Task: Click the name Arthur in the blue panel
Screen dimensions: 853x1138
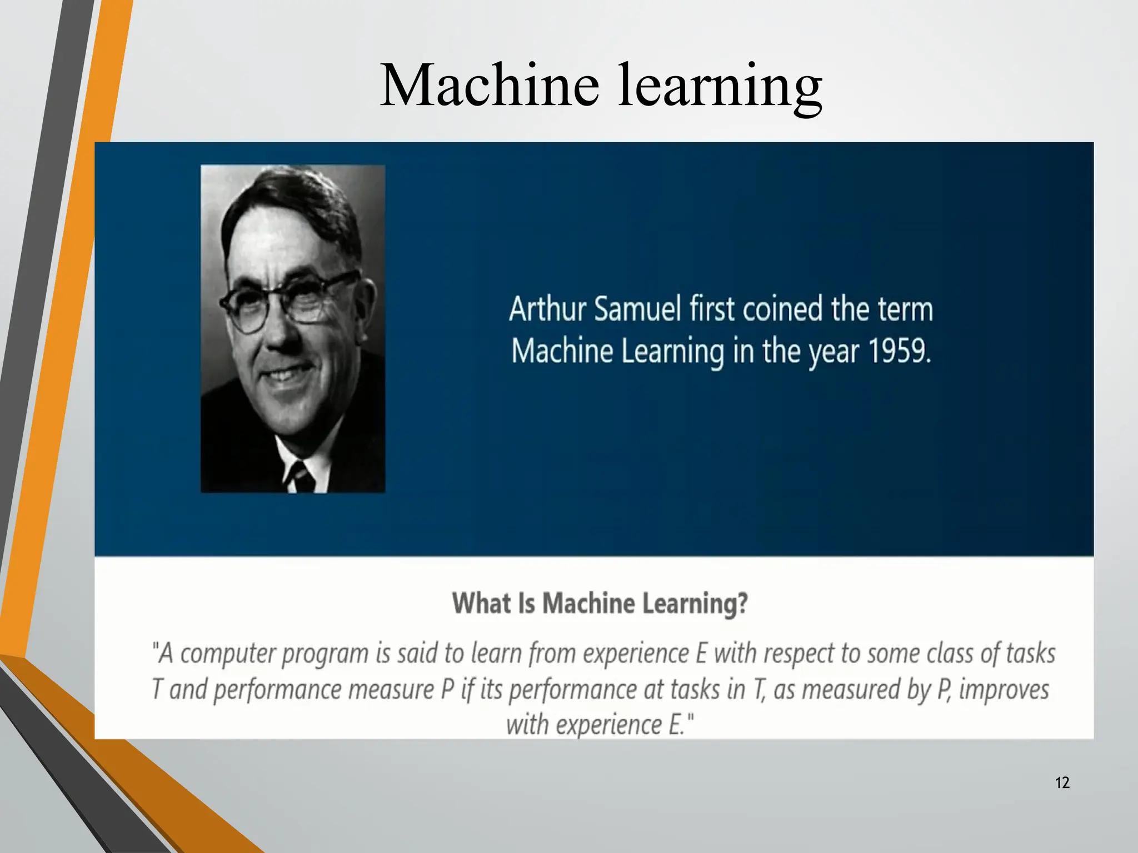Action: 547,309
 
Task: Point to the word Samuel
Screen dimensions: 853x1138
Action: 637,309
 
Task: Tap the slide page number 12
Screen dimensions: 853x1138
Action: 1062,783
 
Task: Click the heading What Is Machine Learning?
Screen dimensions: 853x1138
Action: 600,603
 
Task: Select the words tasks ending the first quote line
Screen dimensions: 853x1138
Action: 1030,653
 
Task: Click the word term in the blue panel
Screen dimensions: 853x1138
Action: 905,309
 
